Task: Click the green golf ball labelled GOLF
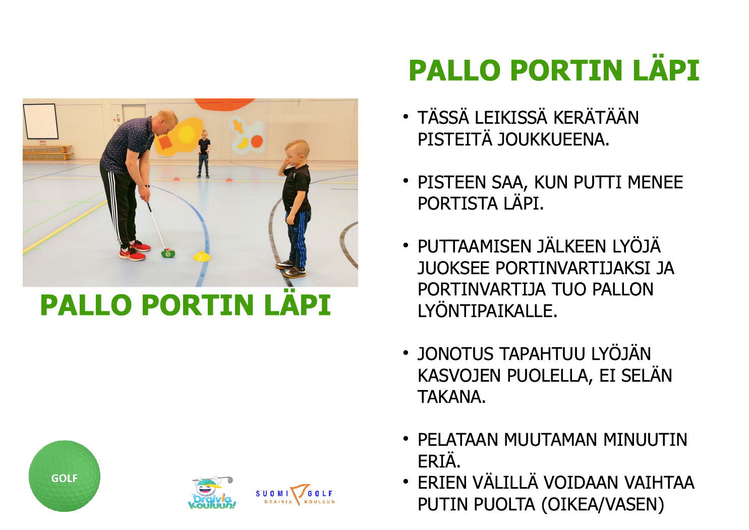[x=65, y=476]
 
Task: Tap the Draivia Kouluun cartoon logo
[x=212, y=493]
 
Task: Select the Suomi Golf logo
[x=296, y=494]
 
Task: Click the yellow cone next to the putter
[x=202, y=256]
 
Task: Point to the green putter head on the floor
[x=168, y=253]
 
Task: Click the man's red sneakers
[x=135, y=250]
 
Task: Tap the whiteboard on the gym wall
[x=40, y=121]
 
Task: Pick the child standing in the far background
[x=204, y=153]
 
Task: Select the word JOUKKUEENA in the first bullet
[x=553, y=139]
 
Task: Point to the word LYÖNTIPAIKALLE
[x=488, y=311]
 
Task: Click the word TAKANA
[x=451, y=397]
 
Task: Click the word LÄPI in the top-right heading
[x=666, y=70]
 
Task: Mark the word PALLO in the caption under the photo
[x=86, y=305]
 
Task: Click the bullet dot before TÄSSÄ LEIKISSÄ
[x=406, y=117]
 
